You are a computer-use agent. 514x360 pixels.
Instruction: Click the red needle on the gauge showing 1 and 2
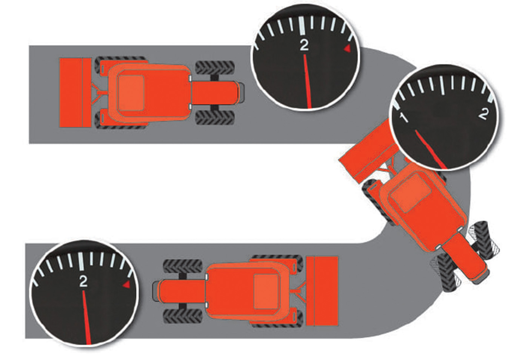click(430, 149)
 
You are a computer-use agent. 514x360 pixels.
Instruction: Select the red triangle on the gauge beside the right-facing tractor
click(347, 49)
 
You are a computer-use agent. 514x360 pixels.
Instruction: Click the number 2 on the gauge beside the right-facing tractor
click(304, 45)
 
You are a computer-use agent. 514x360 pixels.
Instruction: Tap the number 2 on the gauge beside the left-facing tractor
click(83, 281)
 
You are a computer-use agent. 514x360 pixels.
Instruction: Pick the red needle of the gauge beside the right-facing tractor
click(307, 81)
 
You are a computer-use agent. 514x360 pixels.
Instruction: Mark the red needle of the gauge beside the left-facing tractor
click(87, 317)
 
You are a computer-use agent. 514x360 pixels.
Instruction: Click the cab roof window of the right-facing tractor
click(131, 93)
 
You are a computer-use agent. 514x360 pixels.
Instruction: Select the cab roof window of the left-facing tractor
click(266, 292)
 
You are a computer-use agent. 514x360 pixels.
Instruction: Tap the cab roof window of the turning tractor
click(411, 193)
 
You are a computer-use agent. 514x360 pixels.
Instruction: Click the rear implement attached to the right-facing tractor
click(75, 93)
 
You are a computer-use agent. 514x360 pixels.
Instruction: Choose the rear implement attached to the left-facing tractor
click(322, 291)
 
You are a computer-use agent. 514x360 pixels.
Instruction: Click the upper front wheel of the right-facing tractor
click(215, 68)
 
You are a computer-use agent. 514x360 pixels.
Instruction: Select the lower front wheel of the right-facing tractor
click(215, 118)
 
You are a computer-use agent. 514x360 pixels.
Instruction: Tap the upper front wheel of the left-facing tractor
click(183, 267)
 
